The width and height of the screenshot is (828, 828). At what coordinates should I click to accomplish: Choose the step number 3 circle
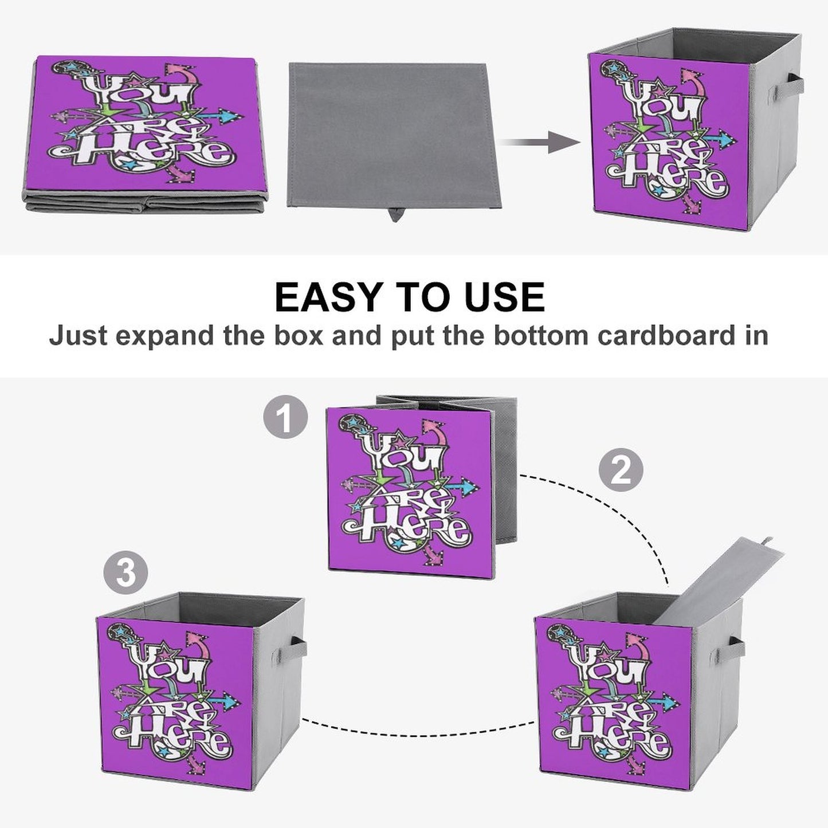tap(125, 572)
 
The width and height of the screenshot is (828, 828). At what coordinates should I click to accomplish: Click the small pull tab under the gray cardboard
tap(395, 215)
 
